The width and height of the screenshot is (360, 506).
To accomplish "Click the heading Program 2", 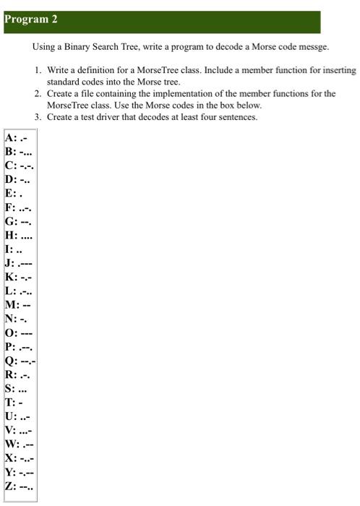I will [30, 20].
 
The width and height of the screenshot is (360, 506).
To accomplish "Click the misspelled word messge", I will [314, 47].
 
